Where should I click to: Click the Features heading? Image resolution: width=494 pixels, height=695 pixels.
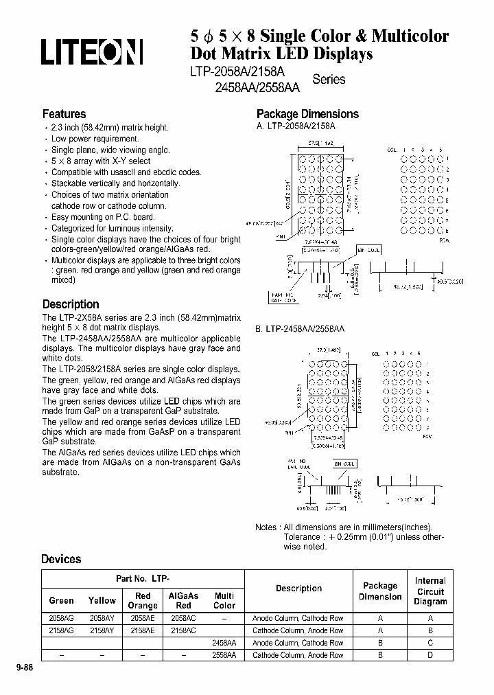64,114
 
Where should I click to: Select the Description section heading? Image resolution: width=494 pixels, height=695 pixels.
71,304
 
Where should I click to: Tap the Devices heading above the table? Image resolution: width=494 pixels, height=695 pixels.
61,559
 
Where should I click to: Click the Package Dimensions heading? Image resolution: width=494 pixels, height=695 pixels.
307,114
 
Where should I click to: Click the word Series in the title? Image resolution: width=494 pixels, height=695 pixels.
329,80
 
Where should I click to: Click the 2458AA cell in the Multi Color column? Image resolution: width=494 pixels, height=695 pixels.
224,643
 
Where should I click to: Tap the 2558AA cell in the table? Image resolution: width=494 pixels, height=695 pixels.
224,655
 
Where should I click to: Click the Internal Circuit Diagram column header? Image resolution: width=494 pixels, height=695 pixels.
430,591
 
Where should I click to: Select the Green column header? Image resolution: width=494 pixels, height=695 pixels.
62,600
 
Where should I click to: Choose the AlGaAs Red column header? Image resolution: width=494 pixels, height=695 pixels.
183,600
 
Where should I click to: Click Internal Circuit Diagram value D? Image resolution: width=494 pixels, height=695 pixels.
430,655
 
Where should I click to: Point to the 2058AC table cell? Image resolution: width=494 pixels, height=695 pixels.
183,618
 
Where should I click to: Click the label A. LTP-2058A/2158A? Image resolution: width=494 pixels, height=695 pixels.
296,127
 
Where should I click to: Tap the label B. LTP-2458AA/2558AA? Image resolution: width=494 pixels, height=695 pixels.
300,330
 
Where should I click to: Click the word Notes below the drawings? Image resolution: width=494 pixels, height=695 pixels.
266,527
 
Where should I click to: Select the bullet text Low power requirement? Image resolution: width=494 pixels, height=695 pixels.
86,139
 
